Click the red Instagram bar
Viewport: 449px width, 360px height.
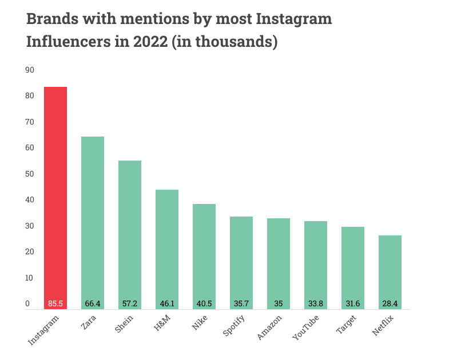point(55,197)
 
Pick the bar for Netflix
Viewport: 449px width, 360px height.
point(390,269)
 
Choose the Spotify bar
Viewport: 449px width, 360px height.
point(241,260)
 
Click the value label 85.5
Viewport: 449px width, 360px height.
point(55,303)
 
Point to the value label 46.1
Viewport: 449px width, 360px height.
point(167,303)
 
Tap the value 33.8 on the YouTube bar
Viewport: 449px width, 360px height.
point(316,303)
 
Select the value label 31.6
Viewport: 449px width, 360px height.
point(353,303)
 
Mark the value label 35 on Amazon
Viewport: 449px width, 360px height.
point(279,303)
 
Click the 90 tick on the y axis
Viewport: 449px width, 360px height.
point(30,70)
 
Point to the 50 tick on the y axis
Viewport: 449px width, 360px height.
point(30,174)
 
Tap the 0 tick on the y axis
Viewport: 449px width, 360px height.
point(27,303)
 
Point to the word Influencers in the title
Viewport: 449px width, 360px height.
point(66,42)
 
